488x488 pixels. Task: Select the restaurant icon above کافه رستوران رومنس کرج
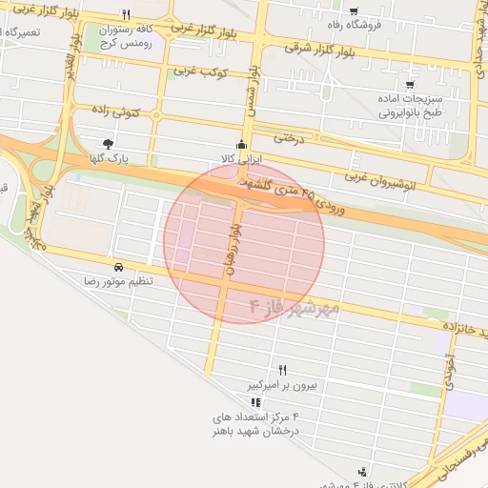(x=126, y=15)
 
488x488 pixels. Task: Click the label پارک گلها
(x=109, y=158)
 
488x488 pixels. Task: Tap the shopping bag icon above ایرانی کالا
(x=243, y=141)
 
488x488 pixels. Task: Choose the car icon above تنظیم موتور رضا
(x=118, y=268)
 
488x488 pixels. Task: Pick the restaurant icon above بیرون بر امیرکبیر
(x=281, y=371)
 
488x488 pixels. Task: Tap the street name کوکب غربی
(x=198, y=71)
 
